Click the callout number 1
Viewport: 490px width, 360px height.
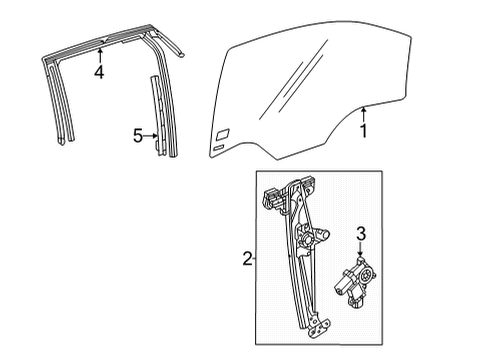[x=364, y=129]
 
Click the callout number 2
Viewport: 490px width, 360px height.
[x=245, y=260]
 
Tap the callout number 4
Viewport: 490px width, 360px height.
[x=98, y=71]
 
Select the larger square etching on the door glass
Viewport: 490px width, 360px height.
[x=221, y=133]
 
